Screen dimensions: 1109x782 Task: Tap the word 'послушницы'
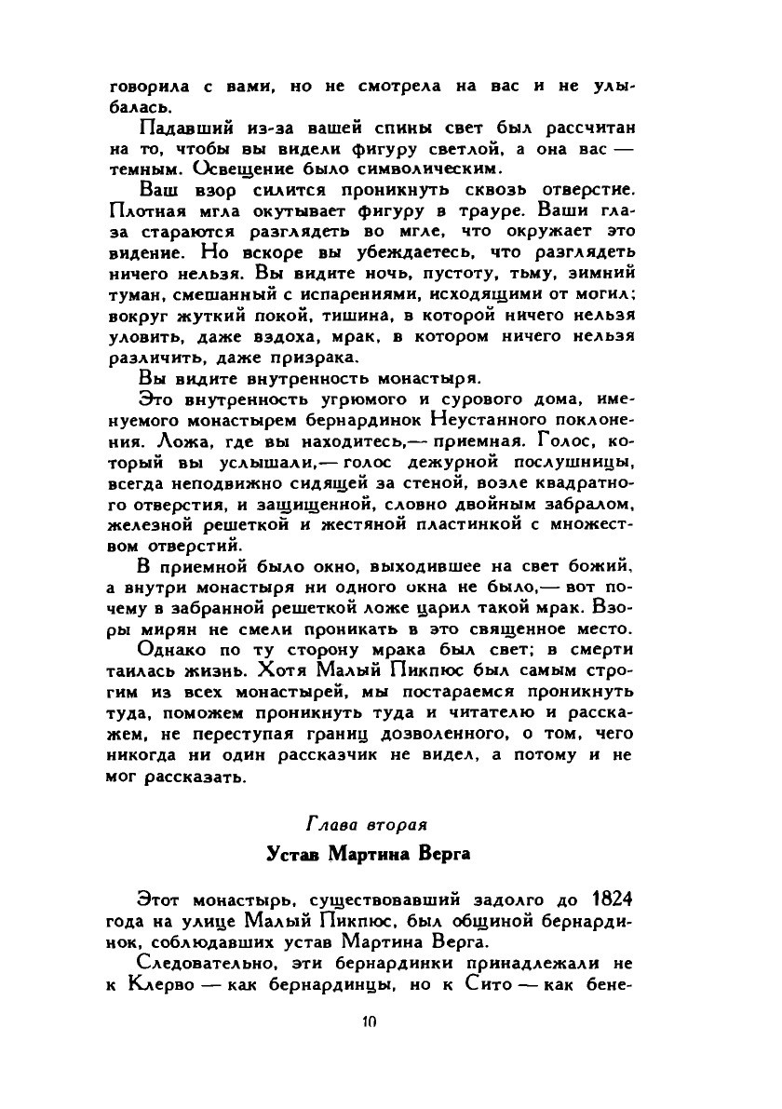tap(577, 460)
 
